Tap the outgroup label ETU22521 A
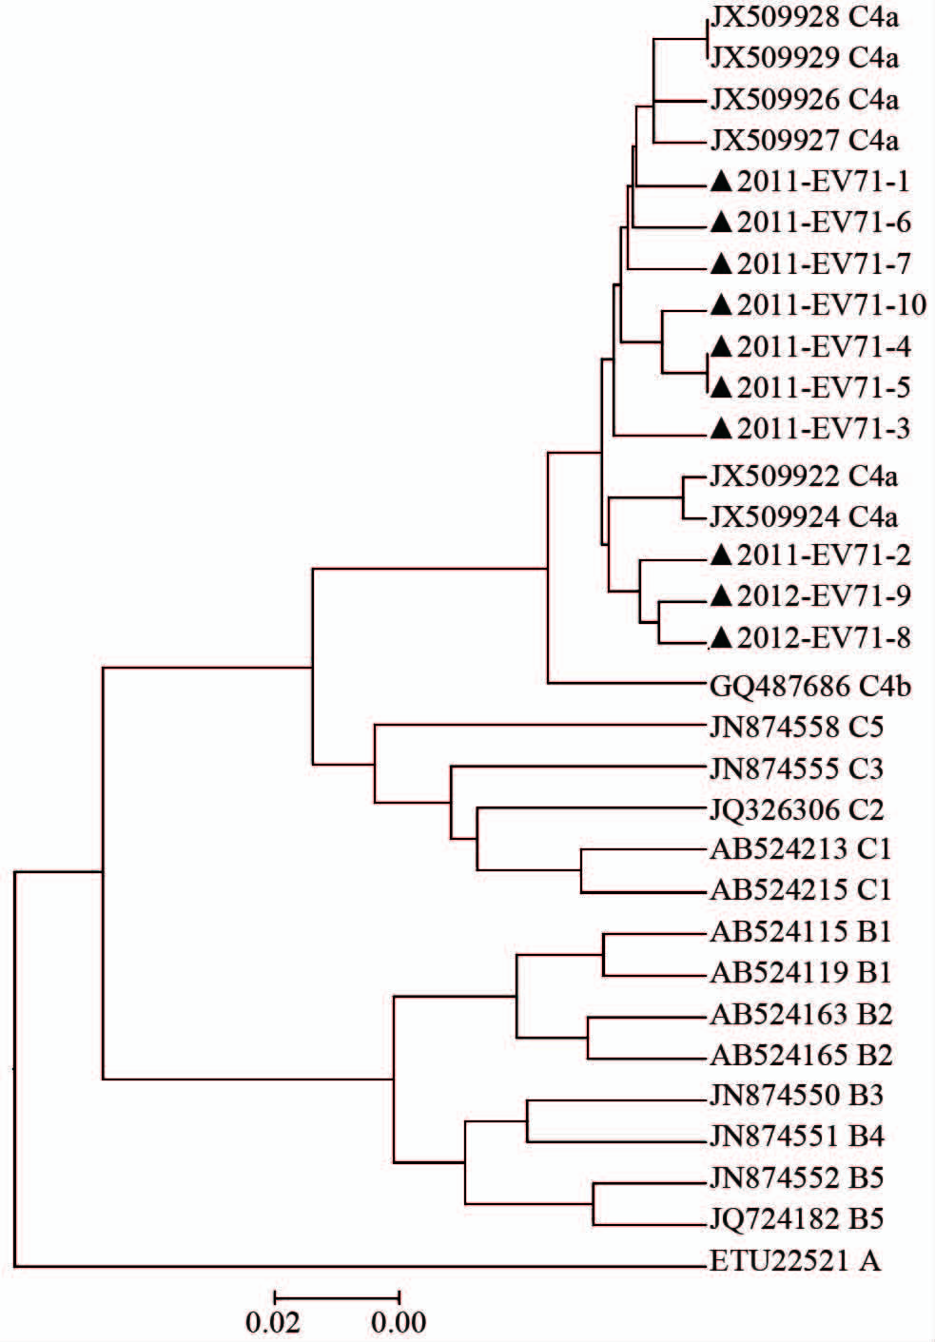point(795,1261)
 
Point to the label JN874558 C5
point(797,728)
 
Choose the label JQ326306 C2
point(797,810)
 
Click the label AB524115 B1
point(801,932)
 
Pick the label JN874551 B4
point(797,1136)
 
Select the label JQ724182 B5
point(797,1218)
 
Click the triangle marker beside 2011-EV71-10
point(722,305)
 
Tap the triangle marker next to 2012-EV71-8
point(722,638)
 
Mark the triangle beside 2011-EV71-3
point(722,428)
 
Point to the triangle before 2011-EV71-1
point(722,181)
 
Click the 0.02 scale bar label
point(273,1322)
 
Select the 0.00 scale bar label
point(399,1322)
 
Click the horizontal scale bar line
point(337,1297)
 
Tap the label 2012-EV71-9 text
point(825,595)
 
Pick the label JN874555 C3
point(797,768)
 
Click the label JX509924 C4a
point(804,517)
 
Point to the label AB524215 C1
point(801,890)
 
